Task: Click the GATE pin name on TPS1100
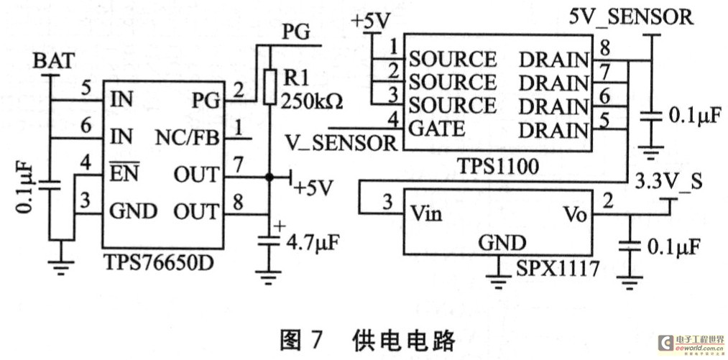pyautogui.click(x=436, y=129)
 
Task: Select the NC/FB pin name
pyautogui.click(x=188, y=137)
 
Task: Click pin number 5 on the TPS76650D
pyautogui.click(x=86, y=90)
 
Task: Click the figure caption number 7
pyautogui.click(x=313, y=338)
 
